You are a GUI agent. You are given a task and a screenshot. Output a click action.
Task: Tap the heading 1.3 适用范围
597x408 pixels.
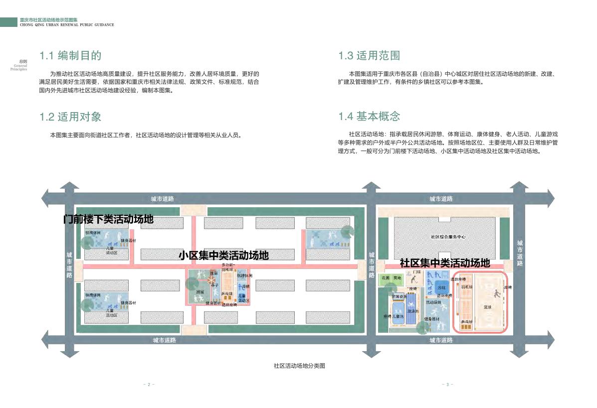tap(369, 55)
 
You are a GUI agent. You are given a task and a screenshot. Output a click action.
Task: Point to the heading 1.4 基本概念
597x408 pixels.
tap(369, 117)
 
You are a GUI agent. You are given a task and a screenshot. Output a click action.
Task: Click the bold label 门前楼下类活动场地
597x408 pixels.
tap(108, 219)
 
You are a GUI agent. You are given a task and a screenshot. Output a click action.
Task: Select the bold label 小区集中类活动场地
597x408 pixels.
tap(224, 256)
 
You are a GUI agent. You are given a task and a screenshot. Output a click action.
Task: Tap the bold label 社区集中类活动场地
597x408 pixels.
tap(445, 263)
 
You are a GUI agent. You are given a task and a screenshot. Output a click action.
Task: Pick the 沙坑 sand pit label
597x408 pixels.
tap(441, 288)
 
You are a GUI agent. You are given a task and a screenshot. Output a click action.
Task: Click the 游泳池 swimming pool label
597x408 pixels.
tap(412, 311)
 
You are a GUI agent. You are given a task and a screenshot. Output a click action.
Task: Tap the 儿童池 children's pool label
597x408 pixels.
tap(398, 316)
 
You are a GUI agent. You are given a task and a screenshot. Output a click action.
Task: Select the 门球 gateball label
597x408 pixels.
tap(410, 272)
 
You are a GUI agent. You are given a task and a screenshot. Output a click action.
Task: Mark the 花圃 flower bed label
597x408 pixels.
tap(385, 277)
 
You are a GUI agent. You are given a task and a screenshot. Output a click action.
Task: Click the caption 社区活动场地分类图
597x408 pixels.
tap(299, 366)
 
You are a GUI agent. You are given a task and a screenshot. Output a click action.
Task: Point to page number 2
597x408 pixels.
tap(149, 384)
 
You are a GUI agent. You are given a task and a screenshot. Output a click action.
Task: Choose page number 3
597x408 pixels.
tap(447, 384)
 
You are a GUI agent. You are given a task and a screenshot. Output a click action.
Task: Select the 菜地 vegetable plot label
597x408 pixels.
tap(397, 277)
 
